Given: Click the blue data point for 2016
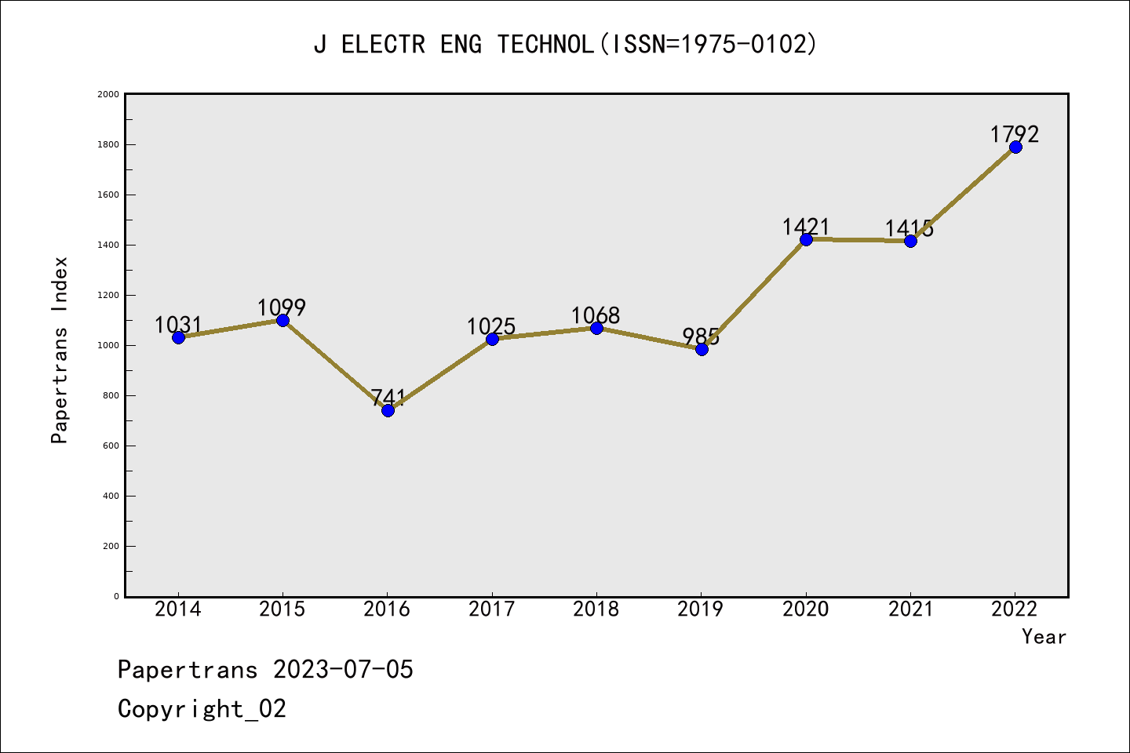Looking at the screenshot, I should point(388,410).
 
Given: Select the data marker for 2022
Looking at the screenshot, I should point(1015,147).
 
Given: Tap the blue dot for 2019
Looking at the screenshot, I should point(702,349).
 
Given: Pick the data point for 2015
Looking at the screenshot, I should point(282,320).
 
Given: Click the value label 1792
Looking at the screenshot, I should point(1015,134).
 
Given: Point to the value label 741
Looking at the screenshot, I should point(388,397).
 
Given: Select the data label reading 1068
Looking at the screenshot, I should point(596,315).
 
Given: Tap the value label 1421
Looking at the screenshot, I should point(806,227).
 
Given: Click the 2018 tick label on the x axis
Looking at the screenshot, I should point(596,609).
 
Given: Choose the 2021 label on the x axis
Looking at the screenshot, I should point(910,609).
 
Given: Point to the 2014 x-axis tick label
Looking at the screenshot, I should point(178,609).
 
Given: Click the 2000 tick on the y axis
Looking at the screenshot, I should point(108,94).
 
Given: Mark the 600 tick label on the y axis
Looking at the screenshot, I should point(111,446).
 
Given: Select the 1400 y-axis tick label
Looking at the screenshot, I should point(108,245).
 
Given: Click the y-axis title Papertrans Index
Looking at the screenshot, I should point(60,350).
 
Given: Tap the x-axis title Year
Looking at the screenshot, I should point(1044,637).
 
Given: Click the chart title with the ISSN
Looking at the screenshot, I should point(565,44).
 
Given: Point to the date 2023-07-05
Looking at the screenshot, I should point(343,670).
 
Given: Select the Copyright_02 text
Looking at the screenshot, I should point(202,709).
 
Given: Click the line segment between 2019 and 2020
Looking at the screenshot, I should point(753,294).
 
